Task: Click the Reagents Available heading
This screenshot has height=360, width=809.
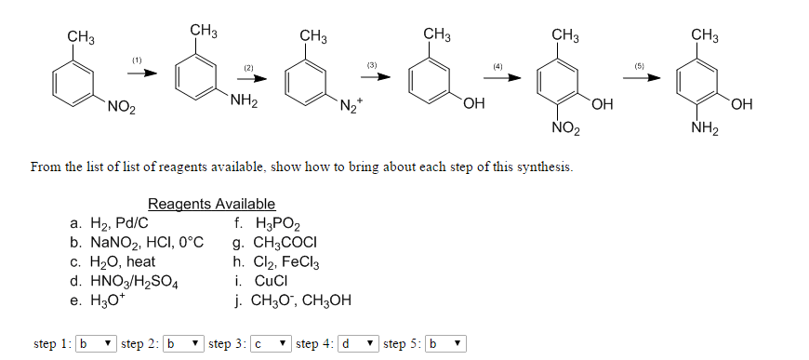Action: click(x=211, y=204)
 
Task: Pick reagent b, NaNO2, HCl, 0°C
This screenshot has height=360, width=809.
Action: click(x=136, y=242)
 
